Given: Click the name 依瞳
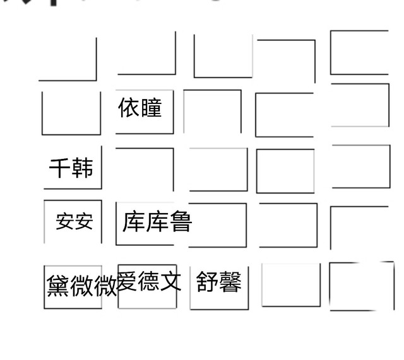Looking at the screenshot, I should (x=140, y=108).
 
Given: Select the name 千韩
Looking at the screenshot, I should (x=71, y=168).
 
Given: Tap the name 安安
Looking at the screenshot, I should (x=74, y=221).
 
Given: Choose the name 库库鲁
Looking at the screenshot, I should (x=157, y=222).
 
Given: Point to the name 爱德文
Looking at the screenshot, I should (x=149, y=281).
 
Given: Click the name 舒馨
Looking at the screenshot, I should (x=218, y=282).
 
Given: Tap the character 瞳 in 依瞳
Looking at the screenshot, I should (x=151, y=108).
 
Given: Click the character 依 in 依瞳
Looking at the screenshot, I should (x=129, y=108).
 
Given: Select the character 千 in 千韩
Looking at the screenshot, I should (x=60, y=168).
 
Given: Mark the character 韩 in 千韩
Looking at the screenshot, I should (x=83, y=168).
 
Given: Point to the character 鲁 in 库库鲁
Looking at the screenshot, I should (x=181, y=222).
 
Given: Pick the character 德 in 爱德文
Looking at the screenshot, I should (x=149, y=281).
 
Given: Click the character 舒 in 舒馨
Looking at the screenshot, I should (x=207, y=282).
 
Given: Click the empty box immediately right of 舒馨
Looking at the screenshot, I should (x=290, y=285).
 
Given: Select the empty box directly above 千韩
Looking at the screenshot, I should (x=71, y=113).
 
